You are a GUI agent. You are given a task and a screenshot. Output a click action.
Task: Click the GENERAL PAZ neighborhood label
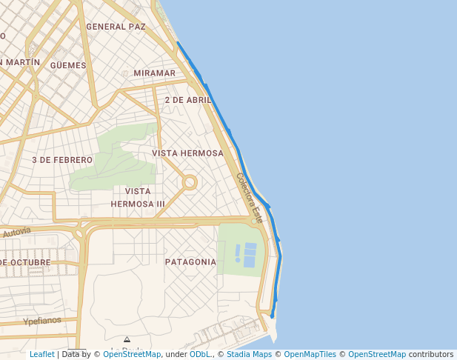[116, 27]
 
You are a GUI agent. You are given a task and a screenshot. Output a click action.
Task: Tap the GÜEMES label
[68, 65]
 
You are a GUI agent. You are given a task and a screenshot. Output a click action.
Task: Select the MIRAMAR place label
[155, 73]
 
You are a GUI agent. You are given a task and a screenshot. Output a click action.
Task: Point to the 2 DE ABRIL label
[188, 100]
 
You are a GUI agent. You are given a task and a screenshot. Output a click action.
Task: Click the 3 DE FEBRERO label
[62, 160]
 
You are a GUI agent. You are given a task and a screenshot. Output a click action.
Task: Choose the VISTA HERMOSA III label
[138, 198]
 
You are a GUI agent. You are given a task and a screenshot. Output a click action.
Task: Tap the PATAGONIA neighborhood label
[190, 262]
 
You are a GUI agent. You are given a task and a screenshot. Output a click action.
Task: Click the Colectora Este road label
[250, 199]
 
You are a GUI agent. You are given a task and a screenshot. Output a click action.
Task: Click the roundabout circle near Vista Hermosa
[190, 181]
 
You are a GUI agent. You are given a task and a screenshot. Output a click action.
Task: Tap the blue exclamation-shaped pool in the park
[238, 254]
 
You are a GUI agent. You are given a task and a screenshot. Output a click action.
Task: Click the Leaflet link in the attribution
[42, 354]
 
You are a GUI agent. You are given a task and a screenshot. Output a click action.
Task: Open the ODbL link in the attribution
[200, 354]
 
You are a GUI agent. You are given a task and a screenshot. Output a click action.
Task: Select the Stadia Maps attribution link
[249, 354]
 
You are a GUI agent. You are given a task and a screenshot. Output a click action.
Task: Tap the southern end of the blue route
[273, 316]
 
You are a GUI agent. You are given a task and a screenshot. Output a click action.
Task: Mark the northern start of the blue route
[178, 43]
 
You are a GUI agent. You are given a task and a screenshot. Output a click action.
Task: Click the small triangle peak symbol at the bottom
[127, 340]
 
